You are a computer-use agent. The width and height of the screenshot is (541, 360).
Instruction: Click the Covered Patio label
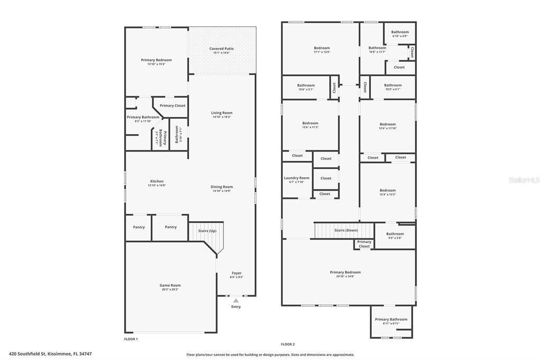pos(221,49)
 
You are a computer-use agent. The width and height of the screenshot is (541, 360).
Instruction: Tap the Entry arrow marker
pos(236,300)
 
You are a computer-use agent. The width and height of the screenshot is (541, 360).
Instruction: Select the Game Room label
pos(171,285)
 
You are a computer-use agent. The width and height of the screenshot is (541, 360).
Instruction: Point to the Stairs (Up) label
pos(207,231)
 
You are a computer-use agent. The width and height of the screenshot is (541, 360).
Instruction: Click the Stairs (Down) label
pos(346,230)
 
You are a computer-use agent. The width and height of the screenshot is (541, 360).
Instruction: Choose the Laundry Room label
pos(296,178)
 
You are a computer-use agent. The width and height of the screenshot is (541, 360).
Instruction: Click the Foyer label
pos(236,273)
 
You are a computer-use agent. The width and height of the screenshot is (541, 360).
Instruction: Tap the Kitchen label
pos(156,181)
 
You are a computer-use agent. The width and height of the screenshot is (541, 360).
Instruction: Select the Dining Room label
pos(222,186)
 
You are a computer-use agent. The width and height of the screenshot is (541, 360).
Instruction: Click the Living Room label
pos(222,112)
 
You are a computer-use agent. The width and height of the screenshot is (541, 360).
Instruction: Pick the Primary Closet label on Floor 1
pos(173,106)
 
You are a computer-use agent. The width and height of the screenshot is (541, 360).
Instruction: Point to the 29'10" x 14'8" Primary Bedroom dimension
pos(346,276)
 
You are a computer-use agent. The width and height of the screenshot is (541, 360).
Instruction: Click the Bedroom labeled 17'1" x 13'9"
pos(322,48)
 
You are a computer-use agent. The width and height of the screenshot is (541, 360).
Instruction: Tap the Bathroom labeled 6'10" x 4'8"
pos(400,32)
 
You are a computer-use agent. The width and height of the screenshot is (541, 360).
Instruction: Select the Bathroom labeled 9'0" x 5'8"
pos(395,234)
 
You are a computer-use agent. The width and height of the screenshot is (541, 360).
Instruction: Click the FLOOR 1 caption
pos(130,339)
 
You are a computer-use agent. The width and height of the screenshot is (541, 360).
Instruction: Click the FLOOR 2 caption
pos(287,344)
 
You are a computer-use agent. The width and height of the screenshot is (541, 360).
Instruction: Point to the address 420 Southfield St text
pos(54,354)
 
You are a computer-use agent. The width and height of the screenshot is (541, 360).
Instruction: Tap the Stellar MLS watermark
pos(524,180)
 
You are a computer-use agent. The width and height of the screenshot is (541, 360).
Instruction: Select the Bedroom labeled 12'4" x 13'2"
pos(387,190)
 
